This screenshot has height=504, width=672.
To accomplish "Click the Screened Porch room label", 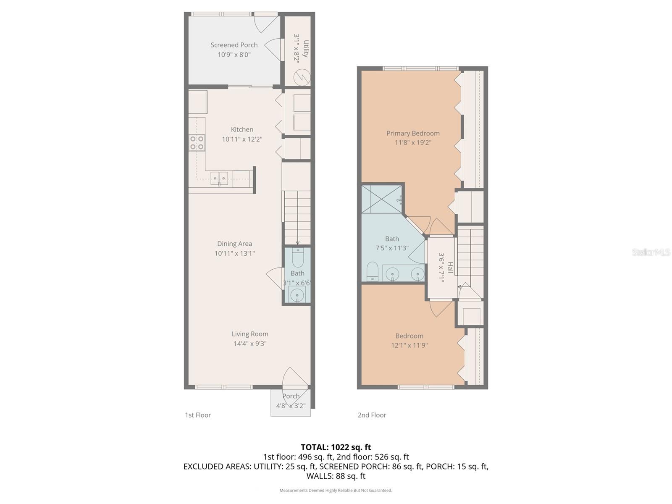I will coord(234,45).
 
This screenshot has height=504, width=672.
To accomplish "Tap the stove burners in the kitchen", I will coord(197,142).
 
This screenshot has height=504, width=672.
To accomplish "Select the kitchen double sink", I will coord(219,178).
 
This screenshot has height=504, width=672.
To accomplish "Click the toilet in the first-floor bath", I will coord(297,258).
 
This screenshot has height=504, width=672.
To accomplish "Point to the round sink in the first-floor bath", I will coord(297,294).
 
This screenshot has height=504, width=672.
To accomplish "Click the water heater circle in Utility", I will coord(302,77).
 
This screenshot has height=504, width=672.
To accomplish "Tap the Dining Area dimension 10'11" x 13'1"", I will coord(234,253).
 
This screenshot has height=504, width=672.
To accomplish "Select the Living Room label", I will coord(250,334).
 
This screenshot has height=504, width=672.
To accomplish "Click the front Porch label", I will coord(291,396).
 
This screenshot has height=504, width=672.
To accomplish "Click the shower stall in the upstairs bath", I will coord(381,199).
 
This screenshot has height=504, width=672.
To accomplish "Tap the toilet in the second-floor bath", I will coord(372,272).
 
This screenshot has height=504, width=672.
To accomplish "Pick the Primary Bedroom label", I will coord(413,133).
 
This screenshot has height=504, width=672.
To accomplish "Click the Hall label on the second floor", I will coord(450,268).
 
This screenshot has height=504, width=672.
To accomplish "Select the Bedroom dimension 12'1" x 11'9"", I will coord(409,345).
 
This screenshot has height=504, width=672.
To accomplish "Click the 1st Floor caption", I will coord(198,415).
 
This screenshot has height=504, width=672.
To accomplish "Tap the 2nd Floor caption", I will coord(372,415).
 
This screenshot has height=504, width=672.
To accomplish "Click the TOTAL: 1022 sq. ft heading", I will coord(336,447).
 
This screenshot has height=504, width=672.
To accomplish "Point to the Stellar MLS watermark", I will coord(651,252).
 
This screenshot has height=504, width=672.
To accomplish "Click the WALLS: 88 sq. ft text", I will coord(336,476).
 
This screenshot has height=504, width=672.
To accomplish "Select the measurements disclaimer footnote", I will coord(336,490).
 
